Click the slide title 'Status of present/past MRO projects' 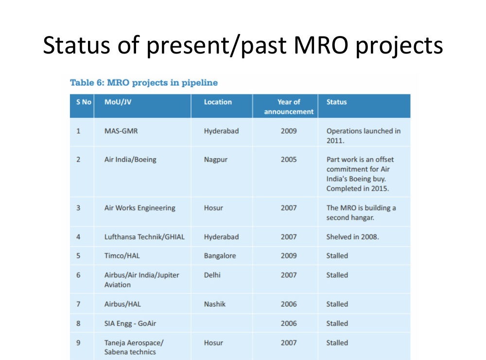pos(243,46)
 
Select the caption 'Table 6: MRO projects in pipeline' pos(144,83)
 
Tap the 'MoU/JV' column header pos(118,102)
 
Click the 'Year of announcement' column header pos(289,107)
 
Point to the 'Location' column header pos(218,102)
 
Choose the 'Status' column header pos(337,102)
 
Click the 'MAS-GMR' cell pos(121,131)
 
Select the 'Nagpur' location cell pos(216,160)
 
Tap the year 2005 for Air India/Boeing pos(289,160)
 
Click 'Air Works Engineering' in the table pos(140,208)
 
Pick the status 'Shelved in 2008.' pos(352,237)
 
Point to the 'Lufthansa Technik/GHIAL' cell pos(144,237)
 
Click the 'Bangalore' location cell pos(220,256)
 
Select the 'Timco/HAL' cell pos(122,256)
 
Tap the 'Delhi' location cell pos(212,275)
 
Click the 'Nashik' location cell pos(214,304)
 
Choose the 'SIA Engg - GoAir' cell pos(130,324)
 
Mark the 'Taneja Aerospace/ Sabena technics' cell pos(134,347)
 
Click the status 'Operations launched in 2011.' pos(364,136)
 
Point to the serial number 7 pos(78,304)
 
